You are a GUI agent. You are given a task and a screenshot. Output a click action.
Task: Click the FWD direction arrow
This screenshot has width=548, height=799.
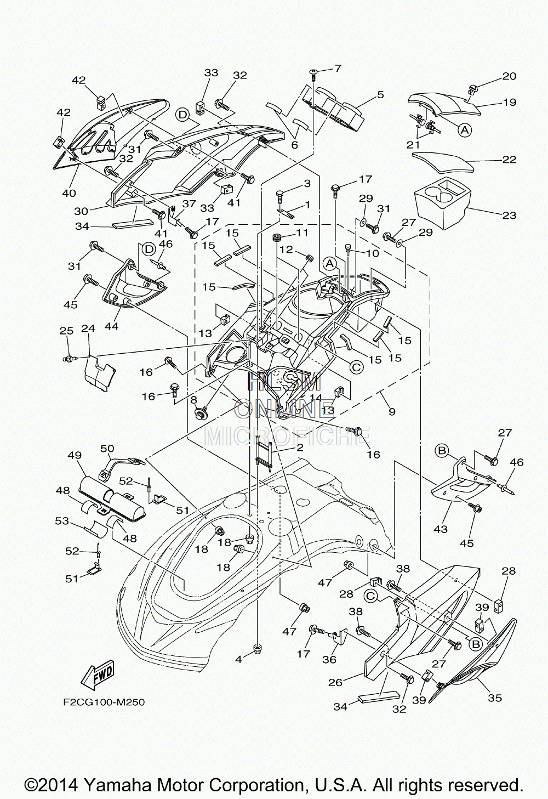97,676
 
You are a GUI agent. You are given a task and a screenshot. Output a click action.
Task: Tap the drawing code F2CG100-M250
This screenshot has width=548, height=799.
104,702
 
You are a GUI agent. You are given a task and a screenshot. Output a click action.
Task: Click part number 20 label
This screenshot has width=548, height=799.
509,76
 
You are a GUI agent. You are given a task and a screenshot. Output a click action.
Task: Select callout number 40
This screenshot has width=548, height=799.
69,193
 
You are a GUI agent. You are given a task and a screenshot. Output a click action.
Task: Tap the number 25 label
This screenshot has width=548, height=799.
67,331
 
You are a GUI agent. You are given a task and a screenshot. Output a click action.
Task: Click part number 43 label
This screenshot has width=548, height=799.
441,528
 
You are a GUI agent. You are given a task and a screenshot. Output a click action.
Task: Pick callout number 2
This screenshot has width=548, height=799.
300,447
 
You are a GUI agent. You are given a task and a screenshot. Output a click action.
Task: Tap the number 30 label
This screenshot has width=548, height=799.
81,211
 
